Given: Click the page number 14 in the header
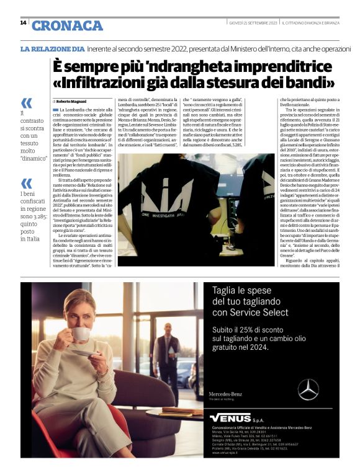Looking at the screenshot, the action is (24, 23).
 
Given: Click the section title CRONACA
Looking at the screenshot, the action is (68, 25).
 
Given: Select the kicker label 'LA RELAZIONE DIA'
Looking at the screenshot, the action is (53, 48).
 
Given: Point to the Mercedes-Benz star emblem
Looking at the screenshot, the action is (308, 389).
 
